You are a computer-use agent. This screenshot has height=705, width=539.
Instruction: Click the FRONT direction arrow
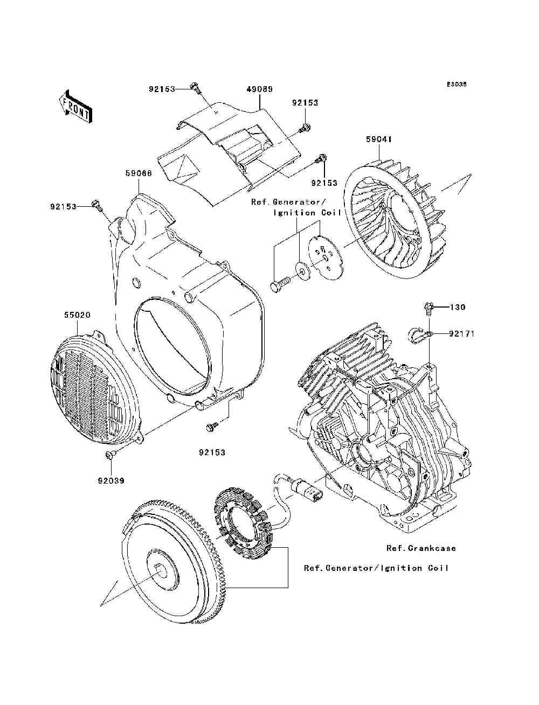75,107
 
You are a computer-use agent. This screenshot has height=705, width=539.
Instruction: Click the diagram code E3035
457,85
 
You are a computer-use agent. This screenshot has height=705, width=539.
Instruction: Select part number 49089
260,89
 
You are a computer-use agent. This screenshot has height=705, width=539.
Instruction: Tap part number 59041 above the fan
379,139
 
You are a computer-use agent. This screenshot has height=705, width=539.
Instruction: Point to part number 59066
139,173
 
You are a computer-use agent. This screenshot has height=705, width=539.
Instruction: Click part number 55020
77,315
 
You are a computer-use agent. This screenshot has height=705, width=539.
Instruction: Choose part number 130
458,308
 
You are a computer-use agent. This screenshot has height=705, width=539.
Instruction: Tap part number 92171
461,334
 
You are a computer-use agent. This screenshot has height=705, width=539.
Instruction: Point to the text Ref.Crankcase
421,548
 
